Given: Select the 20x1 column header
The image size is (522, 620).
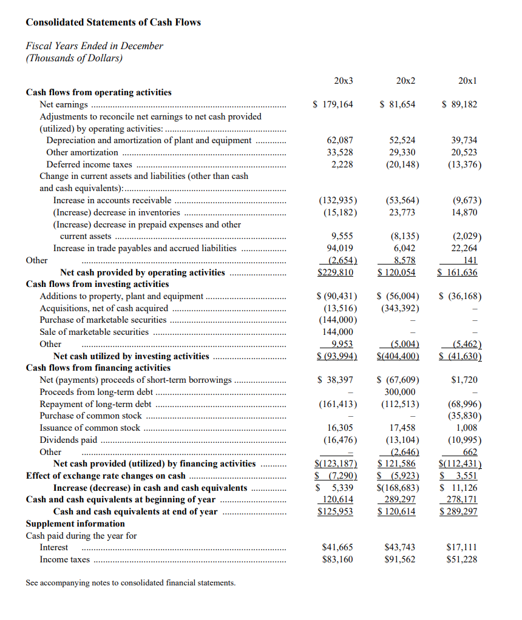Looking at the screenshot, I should pyautogui.click(x=467, y=81).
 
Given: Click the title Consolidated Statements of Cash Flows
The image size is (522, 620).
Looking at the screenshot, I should pyautogui.click(x=113, y=22).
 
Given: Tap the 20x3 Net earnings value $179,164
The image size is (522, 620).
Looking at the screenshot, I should pyautogui.click(x=333, y=104).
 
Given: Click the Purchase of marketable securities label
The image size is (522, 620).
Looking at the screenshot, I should pyautogui.click(x=103, y=320).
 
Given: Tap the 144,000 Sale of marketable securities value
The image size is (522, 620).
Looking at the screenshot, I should pyautogui.click(x=337, y=332).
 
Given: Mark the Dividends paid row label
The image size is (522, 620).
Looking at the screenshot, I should pyautogui.click(x=68, y=440).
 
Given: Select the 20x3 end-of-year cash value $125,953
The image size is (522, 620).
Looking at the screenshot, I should pyautogui.click(x=336, y=511).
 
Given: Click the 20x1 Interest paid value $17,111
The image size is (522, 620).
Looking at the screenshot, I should pyautogui.click(x=461, y=547).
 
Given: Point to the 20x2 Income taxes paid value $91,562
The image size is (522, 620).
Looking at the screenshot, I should pyautogui.click(x=400, y=559).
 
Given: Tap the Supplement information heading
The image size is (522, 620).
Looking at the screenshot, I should pyautogui.click(x=75, y=524).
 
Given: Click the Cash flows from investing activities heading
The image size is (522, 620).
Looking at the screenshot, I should pyautogui.click(x=97, y=284).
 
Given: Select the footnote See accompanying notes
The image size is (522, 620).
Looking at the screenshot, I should pyautogui.click(x=130, y=583).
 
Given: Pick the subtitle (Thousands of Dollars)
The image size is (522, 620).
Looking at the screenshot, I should pyautogui.click(x=73, y=58).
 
